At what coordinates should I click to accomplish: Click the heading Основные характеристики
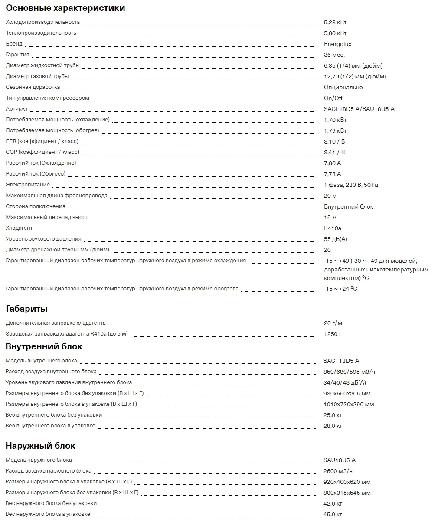[x=65, y=8]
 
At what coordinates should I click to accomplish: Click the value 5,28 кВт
[x=335, y=22]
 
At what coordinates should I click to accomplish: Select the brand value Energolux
[x=337, y=44]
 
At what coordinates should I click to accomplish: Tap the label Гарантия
[x=17, y=55]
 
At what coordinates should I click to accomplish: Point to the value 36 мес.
[x=334, y=55]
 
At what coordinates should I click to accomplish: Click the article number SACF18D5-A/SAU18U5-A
[x=359, y=109]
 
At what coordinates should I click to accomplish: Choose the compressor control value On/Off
[x=333, y=98]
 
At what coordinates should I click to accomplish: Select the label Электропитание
[x=28, y=185]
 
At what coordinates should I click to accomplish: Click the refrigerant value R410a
[x=332, y=228]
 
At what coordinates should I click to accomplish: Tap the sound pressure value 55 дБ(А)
[x=335, y=239]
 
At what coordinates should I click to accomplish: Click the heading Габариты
[x=26, y=309]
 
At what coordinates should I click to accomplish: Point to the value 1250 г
[x=333, y=334]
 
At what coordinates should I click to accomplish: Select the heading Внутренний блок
[x=44, y=346]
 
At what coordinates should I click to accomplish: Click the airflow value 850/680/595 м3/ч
[x=349, y=372]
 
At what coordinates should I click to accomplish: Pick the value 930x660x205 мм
[x=347, y=393]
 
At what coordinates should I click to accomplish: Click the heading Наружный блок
[x=40, y=446]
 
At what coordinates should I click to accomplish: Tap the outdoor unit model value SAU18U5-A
[x=339, y=460]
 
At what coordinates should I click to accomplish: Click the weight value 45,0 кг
[x=333, y=514]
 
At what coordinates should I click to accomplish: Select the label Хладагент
[x=19, y=228]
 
